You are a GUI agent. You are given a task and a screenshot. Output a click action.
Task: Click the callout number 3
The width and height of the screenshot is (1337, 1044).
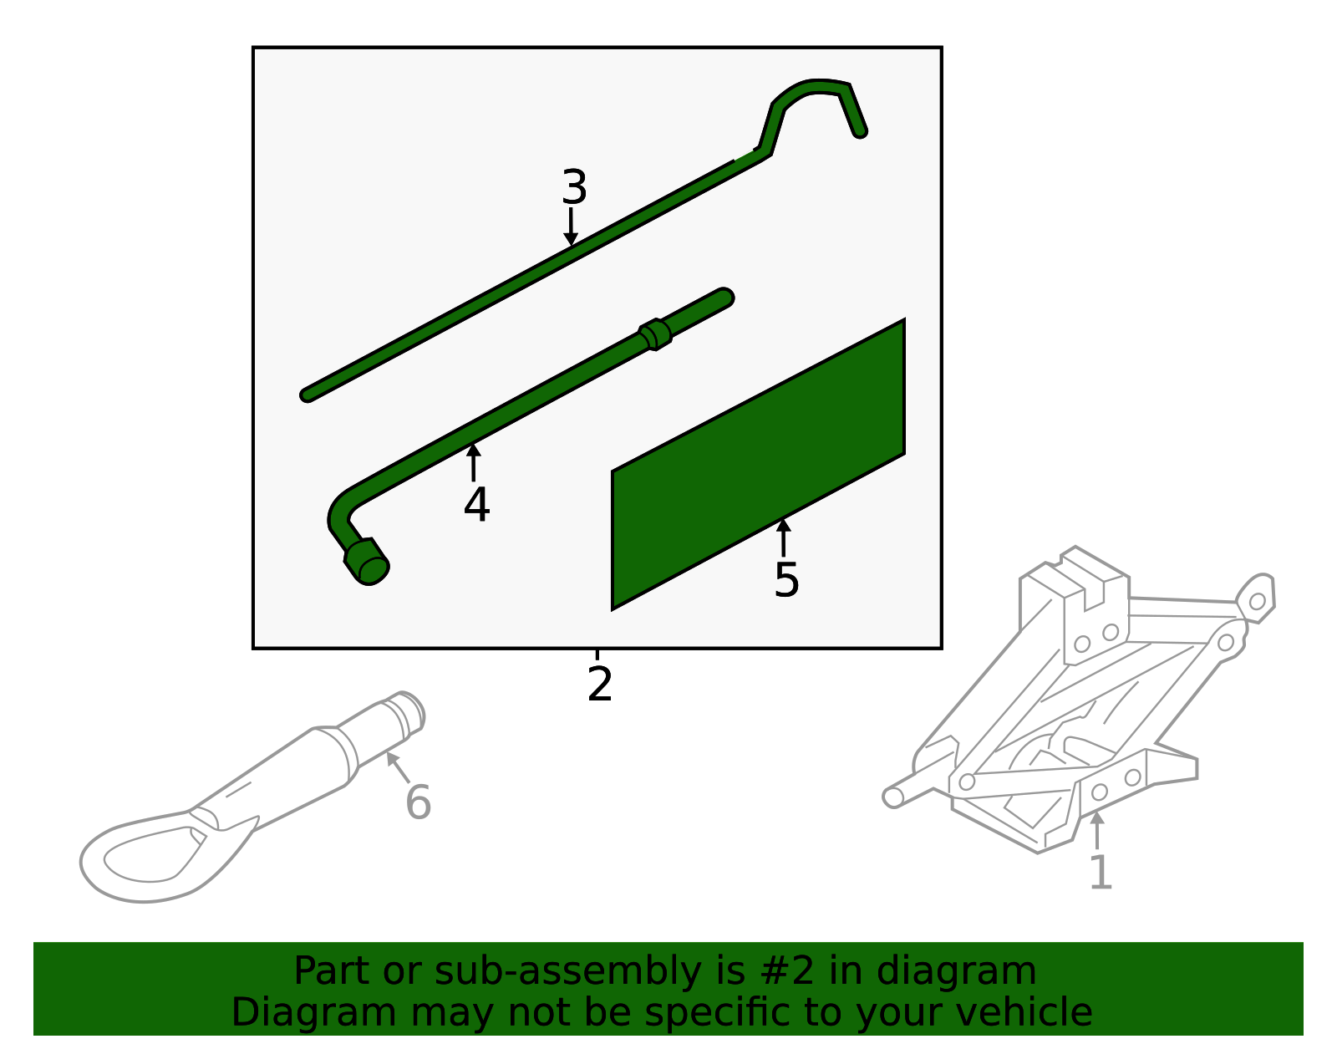(574, 187)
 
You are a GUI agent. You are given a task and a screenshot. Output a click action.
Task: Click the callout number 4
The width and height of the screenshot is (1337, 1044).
(476, 505)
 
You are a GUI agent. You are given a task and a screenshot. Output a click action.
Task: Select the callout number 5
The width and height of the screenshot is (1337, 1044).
(786, 579)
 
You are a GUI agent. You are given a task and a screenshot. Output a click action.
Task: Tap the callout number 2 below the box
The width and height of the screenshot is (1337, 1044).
(600, 684)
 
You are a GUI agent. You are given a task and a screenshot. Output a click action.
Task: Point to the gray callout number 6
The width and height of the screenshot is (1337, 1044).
(418, 802)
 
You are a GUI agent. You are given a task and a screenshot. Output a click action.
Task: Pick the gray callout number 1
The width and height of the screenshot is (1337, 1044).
(1101, 873)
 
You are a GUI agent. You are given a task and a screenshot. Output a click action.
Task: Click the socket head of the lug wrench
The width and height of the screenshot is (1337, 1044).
(368, 562)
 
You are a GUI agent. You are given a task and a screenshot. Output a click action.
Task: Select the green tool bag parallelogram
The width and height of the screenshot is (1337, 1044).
(759, 464)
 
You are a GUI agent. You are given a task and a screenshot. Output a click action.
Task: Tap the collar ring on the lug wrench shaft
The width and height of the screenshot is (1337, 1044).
(656, 334)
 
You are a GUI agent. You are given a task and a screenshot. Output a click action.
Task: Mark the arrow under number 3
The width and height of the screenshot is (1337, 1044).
(571, 227)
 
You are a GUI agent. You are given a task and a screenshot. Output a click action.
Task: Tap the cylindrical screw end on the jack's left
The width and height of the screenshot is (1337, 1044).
(893, 797)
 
